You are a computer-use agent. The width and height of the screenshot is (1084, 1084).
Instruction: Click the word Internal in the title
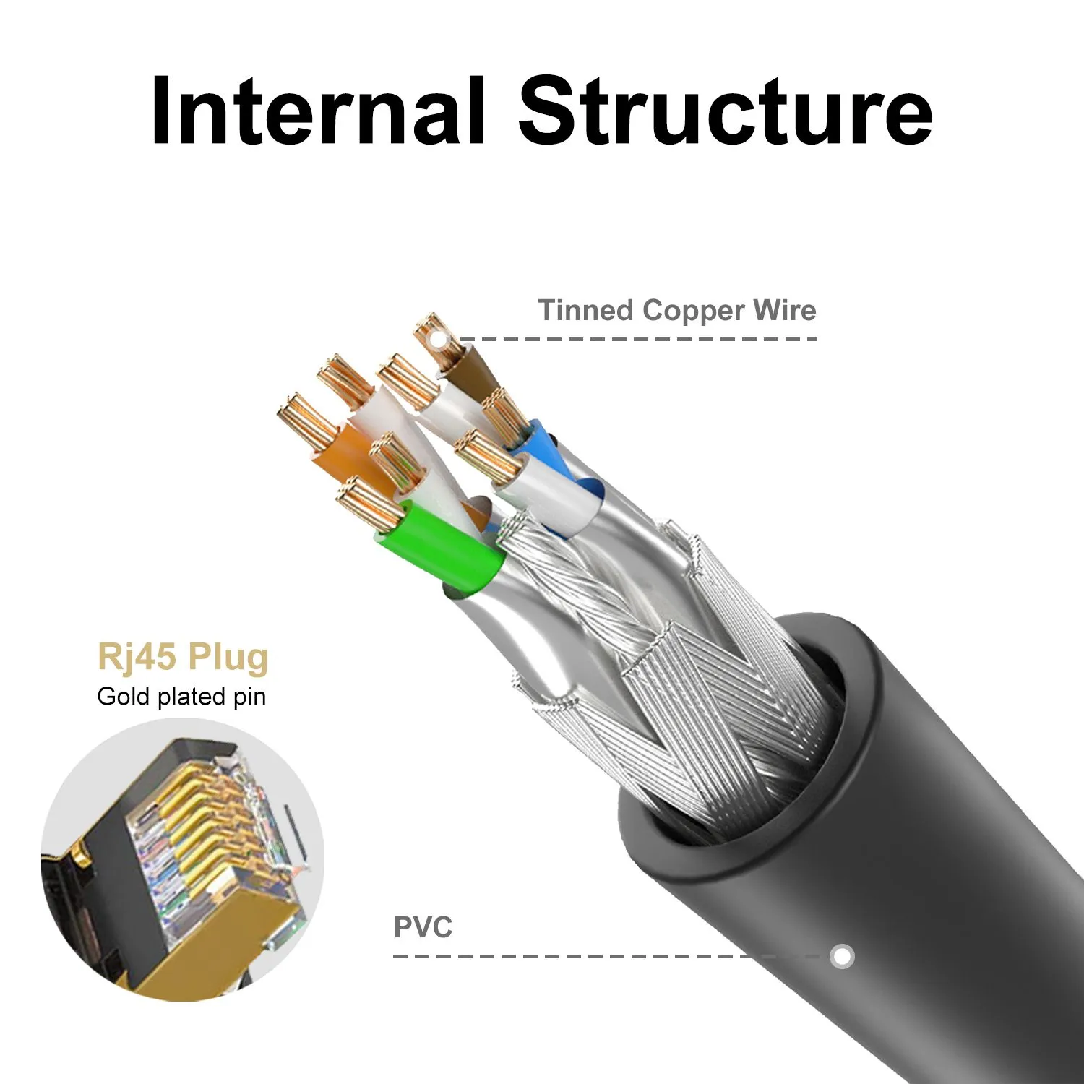tap(318, 112)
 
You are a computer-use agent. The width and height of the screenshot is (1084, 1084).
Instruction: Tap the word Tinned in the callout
tap(585, 311)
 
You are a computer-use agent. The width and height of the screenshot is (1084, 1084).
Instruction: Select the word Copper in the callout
tap(692, 311)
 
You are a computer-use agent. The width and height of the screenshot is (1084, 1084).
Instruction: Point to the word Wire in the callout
tap(784, 311)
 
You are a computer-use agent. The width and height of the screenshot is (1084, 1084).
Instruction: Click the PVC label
tap(423, 927)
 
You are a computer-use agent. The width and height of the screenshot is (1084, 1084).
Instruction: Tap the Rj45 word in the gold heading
tap(136, 657)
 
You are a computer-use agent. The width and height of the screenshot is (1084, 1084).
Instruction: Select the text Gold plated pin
tap(181, 697)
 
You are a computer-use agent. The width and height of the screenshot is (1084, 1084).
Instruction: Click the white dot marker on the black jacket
tap(841, 956)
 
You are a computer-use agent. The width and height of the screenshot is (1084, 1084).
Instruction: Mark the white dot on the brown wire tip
tap(435, 337)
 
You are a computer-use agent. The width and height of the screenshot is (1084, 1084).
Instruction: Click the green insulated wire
tap(441, 542)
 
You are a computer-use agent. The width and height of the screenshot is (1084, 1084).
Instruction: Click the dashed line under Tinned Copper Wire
tap(636, 338)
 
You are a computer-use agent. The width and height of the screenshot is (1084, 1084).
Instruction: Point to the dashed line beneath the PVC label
tap(578, 956)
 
